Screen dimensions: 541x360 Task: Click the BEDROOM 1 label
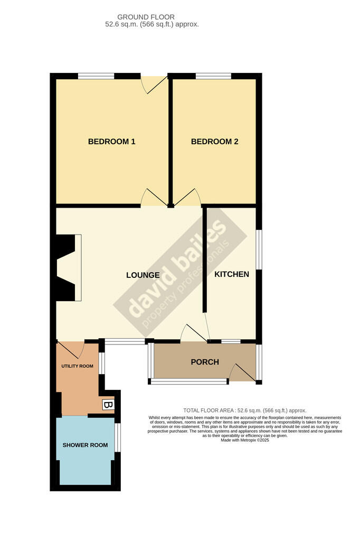(x=112, y=142)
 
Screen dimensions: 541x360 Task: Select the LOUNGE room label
(x=143, y=275)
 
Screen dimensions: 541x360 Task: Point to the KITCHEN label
(x=231, y=274)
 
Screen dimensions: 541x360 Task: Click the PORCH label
(x=204, y=362)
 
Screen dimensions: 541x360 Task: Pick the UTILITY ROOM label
(x=77, y=366)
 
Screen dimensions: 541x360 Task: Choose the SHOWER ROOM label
(x=85, y=445)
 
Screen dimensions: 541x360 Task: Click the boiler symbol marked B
(x=108, y=405)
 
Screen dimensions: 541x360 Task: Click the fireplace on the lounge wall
(x=68, y=267)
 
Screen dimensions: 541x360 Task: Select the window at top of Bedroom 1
(x=96, y=76)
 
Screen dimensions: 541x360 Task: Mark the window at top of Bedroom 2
(x=213, y=76)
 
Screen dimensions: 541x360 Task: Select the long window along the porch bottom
(x=188, y=381)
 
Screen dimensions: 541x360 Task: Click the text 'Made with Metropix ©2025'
(x=245, y=440)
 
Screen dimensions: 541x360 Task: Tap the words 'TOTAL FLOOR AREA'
(x=209, y=411)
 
